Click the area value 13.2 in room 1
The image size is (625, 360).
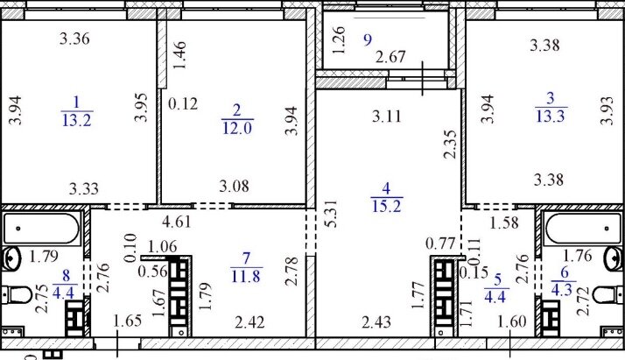pos(77,120)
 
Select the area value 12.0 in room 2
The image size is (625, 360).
pos(237,128)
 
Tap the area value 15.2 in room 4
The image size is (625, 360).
pos(387,206)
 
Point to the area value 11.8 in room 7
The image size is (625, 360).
pos(246,276)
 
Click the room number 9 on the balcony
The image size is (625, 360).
pos(368,39)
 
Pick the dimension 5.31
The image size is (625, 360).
pos(331,214)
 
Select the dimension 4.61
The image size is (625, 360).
pos(177,222)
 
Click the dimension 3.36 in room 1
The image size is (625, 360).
pos(74,39)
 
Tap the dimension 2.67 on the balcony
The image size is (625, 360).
pos(390,57)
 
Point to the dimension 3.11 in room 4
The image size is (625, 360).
pos(387,116)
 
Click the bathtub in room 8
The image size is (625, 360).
pos(41,229)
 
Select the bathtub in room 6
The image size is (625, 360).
pos(583,229)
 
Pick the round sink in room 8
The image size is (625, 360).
pos(11,258)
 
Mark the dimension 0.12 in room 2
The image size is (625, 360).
pos(183,103)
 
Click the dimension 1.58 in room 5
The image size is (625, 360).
pos(504,222)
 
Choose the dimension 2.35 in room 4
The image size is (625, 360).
pos(450,144)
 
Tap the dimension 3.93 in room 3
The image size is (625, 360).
pos(607,110)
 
